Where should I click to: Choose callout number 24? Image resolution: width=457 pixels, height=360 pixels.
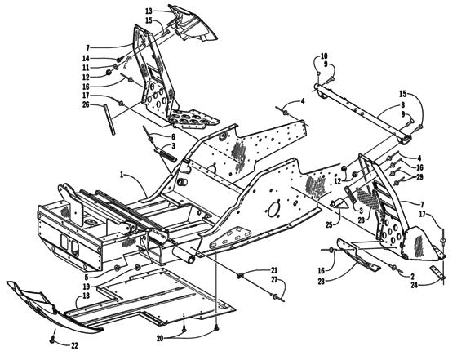[415, 286]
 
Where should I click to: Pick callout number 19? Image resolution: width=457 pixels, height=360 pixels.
[86, 287]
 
